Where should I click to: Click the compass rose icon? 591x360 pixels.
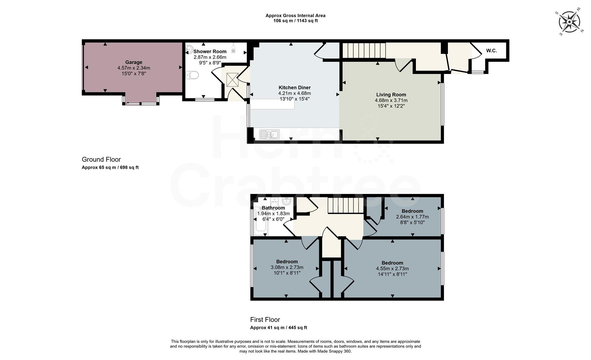point(569,22)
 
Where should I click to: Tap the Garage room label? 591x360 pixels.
point(134,62)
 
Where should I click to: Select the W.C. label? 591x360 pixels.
point(491,51)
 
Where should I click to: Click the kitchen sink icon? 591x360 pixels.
point(269,135)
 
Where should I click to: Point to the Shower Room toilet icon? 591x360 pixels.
point(192,75)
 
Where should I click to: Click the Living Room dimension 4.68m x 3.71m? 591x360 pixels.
point(391,100)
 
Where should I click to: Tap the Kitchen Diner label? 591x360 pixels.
point(294,88)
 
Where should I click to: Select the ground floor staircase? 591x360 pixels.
point(364,50)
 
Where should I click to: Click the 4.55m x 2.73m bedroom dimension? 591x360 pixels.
point(392,269)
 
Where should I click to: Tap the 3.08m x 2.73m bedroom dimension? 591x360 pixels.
point(287,267)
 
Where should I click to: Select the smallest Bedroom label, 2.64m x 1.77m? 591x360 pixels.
point(412,211)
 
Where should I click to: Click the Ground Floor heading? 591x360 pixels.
point(101,160)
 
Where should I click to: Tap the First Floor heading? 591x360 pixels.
point(265,320)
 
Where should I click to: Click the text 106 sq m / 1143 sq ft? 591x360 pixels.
point(295,21)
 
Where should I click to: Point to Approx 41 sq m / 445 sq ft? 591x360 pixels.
point(278,328)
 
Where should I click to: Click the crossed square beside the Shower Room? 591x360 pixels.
point(232,79)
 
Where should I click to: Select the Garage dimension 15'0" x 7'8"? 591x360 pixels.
point(134,73)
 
